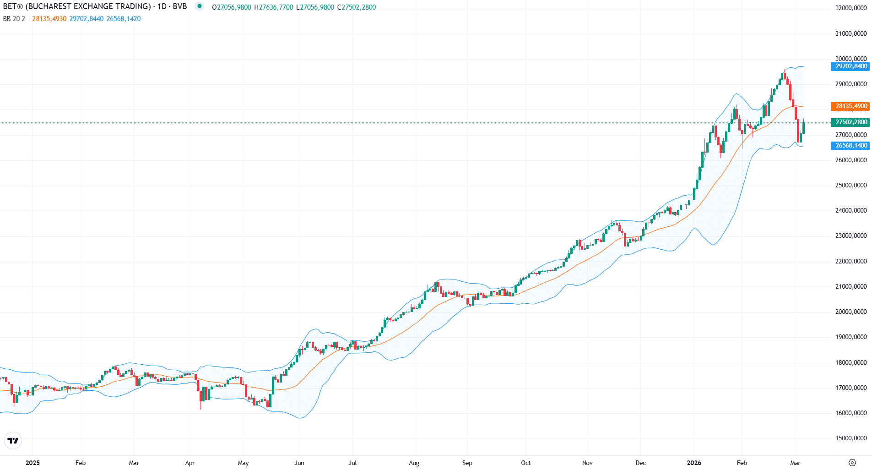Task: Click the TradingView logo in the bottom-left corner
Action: tap(13, 441)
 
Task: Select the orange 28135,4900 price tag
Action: tap(850, 106)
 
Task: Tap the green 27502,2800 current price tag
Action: tap(850, 122)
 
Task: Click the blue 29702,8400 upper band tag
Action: tap(850, 66)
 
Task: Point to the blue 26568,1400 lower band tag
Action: tap(850, 146)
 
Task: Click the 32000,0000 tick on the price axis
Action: tap(850, 8)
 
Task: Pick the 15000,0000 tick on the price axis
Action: tap(850, 438)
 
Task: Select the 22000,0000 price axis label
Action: tap(850, 262)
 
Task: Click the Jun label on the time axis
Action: tap(299, 463)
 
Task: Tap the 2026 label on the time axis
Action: tap(694, 463)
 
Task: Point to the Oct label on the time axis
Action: tap(525, 463)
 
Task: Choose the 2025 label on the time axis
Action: tap(32, 463)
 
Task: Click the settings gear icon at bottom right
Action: tap(852, 463)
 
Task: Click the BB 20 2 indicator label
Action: tap(14, 19)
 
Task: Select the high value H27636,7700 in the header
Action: tap(273, 7)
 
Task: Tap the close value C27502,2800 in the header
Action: tap(356, 7)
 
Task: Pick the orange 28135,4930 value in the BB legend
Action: tap(49, 19)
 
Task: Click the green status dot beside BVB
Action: tap(199, 6)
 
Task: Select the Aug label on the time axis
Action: tap(414, 463)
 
